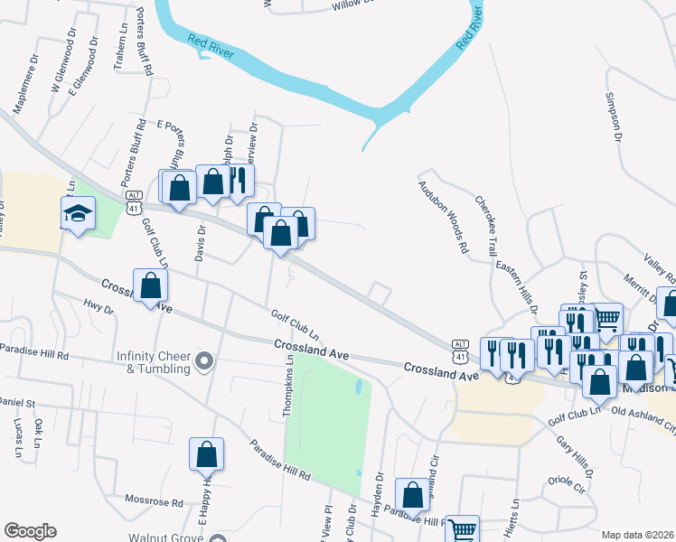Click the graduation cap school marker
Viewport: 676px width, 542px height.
coord(78,215)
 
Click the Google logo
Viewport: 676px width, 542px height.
coord(30,531)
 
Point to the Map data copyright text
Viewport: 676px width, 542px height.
coord(638,535)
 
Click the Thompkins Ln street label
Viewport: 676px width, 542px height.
coord(288,385)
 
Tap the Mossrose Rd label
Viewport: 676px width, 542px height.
coord(155,501)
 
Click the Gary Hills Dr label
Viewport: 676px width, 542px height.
coord(575,457)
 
